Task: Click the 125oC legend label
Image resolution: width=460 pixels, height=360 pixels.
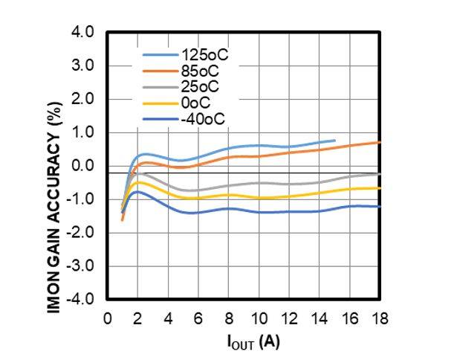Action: pyautogui.click(x=201, y=55)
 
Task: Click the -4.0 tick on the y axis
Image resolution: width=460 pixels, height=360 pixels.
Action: pyautogui.click(x=81, y=299)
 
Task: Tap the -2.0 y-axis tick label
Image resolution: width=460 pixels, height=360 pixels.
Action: pyautogui.click(x=81, y=232)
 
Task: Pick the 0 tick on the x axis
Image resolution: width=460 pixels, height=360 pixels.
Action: pyautogui.click(x=106, y=318)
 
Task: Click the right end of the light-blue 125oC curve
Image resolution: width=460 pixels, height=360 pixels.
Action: pyautogui.click(x=334, y=140)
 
